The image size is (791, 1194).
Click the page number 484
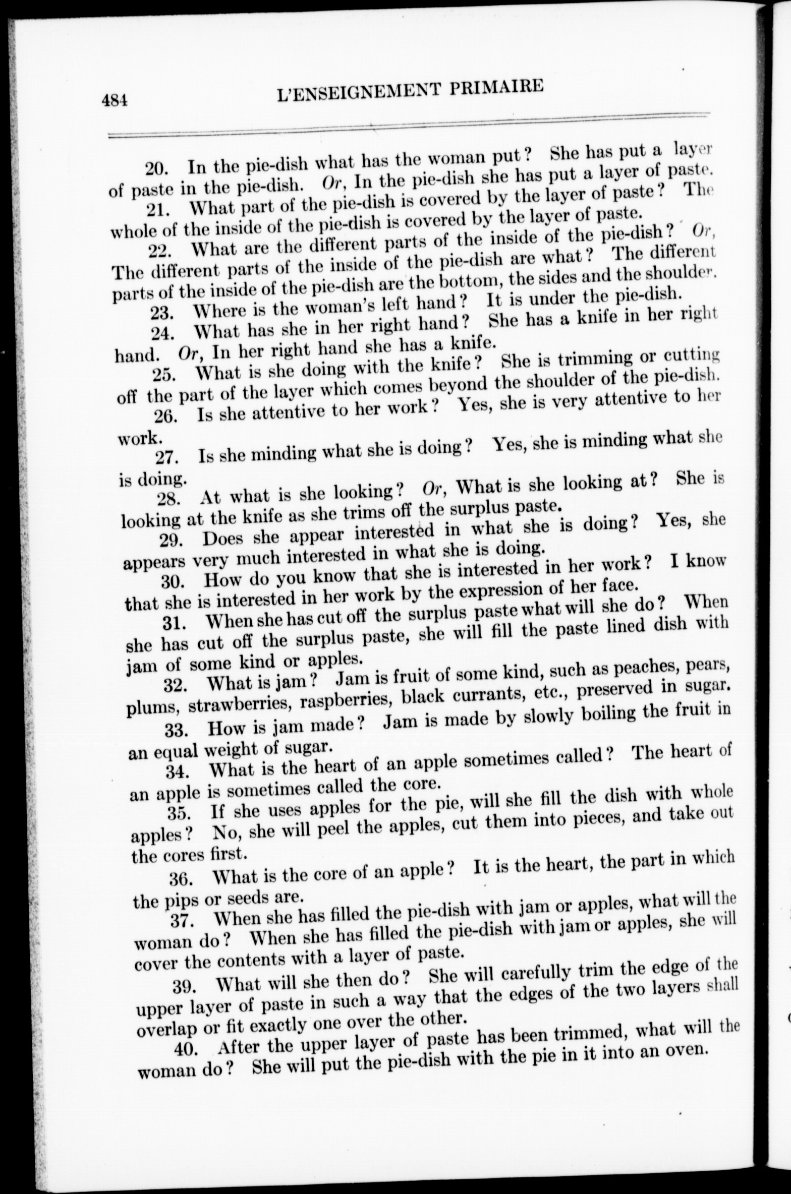point(116,100)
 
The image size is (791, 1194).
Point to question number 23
point(163,312)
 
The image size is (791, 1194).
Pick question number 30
point(174,581)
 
